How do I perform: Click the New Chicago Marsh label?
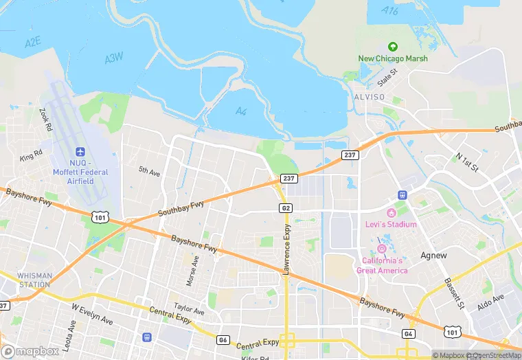393,58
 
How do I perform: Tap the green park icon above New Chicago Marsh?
393,47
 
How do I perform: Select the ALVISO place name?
370,97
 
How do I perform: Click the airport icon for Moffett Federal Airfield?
80,151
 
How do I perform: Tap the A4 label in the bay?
240,111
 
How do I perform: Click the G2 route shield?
286,207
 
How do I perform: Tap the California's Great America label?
382,265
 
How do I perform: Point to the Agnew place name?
433,256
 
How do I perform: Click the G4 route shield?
408,333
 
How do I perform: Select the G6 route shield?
223,339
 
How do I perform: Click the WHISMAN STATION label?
34,280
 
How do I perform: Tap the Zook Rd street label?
46,120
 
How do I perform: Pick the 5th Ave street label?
149,171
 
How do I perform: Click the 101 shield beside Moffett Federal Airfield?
100,218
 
